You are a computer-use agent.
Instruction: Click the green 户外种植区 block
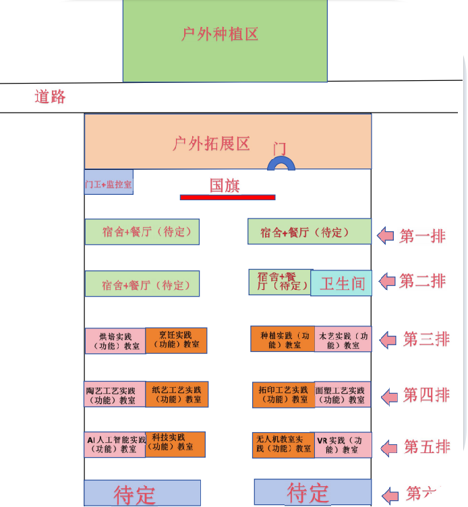(225, 40)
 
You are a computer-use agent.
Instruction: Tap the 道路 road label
(51, 96)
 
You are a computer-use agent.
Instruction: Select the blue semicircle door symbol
(281, 163)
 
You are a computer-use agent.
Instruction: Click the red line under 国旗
(227, 197)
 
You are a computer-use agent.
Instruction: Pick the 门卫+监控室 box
(109, 183)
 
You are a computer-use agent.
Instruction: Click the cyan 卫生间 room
(341, 283)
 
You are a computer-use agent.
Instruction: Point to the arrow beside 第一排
(385, 236)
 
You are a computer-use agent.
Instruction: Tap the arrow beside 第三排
(388, 340)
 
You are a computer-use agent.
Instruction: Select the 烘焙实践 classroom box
(115, 340)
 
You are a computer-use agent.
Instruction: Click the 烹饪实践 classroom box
(176, 340)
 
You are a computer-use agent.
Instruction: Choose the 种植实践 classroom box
(283, 339)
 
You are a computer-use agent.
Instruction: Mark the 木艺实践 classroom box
(343, 339)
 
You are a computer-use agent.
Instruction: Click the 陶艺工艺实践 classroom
(115, 394)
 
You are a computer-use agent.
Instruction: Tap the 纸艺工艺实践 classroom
(177, 394)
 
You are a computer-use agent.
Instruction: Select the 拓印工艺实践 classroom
(283, 394)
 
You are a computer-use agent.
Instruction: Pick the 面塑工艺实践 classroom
(343, 394)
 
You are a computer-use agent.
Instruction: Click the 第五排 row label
(426, 446)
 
